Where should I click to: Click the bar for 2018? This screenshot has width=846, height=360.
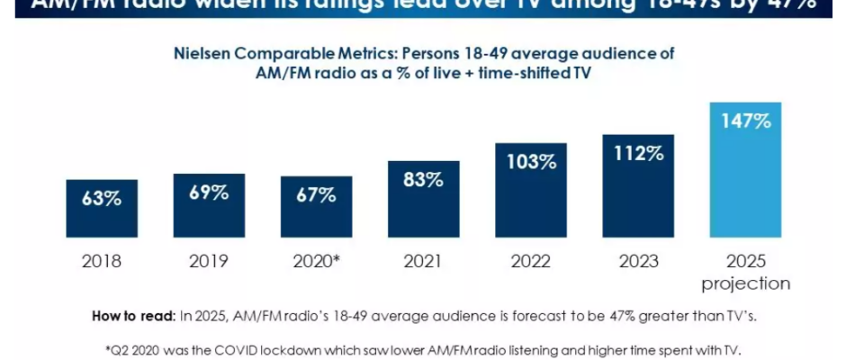(102, 209)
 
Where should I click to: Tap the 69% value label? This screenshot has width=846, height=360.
(209, 193)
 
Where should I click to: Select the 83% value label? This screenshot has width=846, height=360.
(423, 179)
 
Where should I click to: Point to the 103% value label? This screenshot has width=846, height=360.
(530, 162)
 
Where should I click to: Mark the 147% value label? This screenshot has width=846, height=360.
(745, 121)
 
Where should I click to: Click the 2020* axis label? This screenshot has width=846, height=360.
(316, 263)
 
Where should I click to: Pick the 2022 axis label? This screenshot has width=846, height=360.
(530, 263)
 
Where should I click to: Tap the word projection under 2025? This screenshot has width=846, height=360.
(745, 283)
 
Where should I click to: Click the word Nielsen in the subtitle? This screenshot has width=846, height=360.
(203, 54)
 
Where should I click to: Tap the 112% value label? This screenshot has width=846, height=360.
(638, 152)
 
